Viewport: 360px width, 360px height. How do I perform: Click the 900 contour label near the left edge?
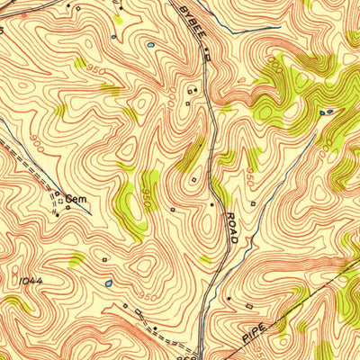pos(36,140)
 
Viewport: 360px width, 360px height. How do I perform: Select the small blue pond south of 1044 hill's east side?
pos(109,283)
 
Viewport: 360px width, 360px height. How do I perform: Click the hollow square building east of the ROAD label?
pos(255,203)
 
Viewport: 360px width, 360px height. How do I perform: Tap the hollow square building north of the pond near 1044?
pos(104,260)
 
